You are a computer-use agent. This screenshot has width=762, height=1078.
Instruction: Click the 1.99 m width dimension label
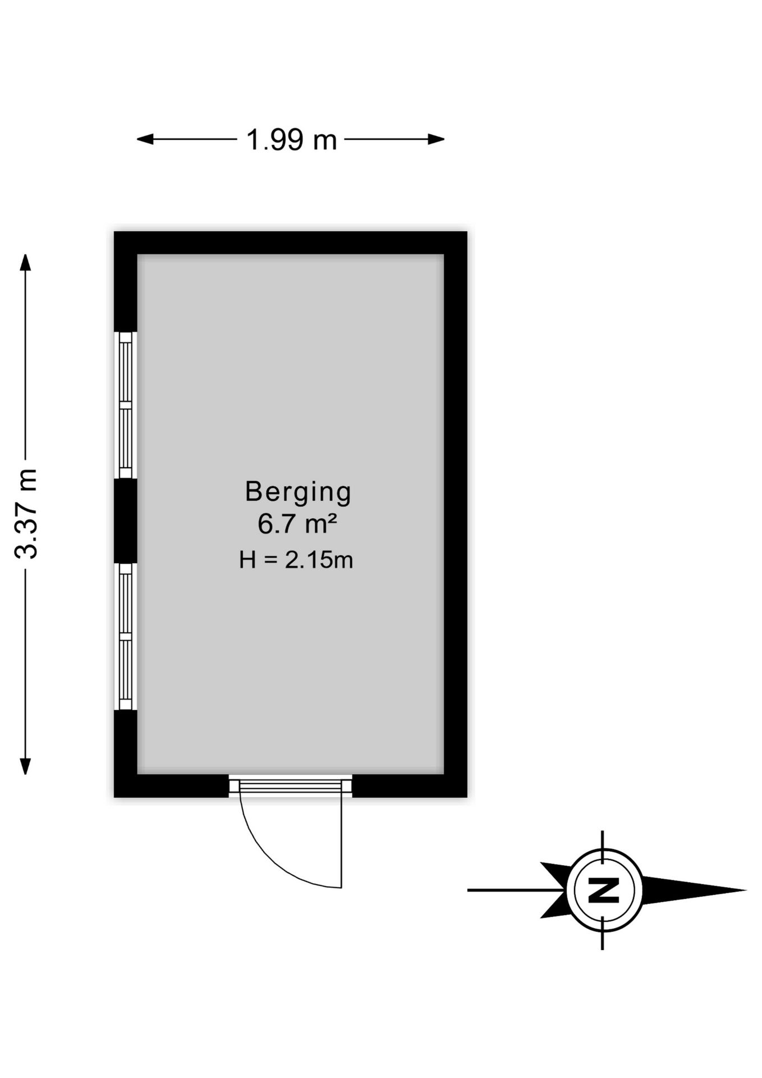[x=291, y=140]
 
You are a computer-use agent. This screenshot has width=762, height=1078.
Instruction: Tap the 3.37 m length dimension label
[x=26, y=514]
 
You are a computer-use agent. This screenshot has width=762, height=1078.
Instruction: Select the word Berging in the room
[x=298, y=492]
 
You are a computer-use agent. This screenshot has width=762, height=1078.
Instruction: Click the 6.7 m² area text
[x=297, y=524]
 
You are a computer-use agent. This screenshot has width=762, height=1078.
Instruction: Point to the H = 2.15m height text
[x=296, y=560]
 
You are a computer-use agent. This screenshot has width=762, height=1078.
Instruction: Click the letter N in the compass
[x=603, y=890]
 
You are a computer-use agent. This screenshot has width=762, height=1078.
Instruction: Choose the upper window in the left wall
[x=126, y=405]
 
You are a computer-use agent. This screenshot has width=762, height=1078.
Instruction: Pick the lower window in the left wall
[x=126, y=637]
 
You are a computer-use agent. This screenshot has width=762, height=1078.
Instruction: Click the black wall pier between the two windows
[x=126, y=521]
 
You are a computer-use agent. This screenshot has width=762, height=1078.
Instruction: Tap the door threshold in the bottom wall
[x=291, y=786]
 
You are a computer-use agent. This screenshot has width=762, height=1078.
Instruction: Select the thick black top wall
[x=291, y=243]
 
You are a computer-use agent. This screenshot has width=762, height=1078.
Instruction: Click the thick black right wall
[x=456, y=514]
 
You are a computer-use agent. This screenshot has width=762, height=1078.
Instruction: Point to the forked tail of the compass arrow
[x=553, y=890]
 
